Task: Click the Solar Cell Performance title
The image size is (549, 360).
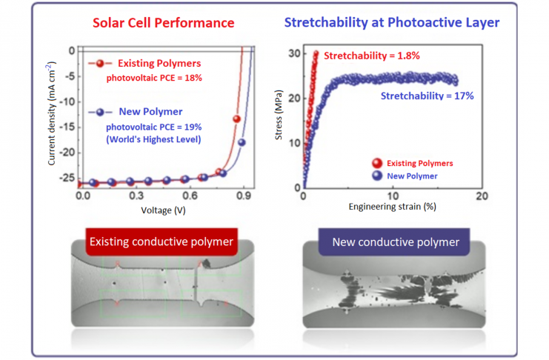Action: coord(162,22)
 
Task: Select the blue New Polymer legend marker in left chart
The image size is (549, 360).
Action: coord(99,112)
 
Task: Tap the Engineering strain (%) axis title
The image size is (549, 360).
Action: coord(393,206)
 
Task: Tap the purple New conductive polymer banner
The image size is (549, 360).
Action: coord(396,241)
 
